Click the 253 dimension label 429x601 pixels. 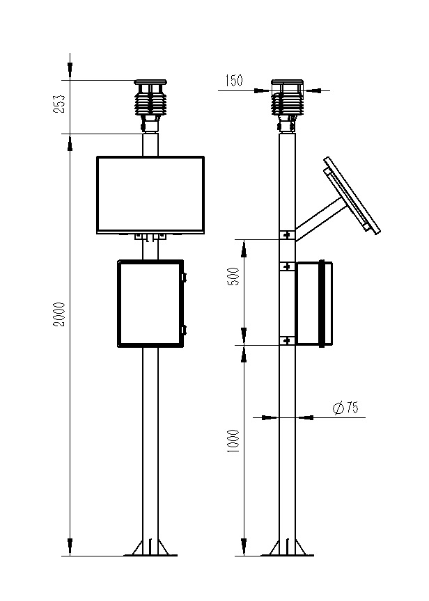(x=60, y=104)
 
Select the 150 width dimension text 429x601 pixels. (x=233, y=81)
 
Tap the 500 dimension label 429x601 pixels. (x=234, y=277)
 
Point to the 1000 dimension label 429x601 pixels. (x=234, y=440)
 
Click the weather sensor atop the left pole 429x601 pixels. (x=151, y=102)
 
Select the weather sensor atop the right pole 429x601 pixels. (x=287, y=102)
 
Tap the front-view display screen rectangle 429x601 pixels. (x=151, y=194)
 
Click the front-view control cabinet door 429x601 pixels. (x=150, y=303)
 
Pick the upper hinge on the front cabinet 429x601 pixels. (x=185, y=277)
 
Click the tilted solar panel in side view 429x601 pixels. (x=352, y=195)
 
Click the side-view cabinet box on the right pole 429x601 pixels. (x=315, y=303)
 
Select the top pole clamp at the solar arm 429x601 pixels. (x=287, y=235)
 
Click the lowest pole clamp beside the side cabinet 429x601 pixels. (x=287, y=340)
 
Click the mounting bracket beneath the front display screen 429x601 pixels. (x=151, y=237)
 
